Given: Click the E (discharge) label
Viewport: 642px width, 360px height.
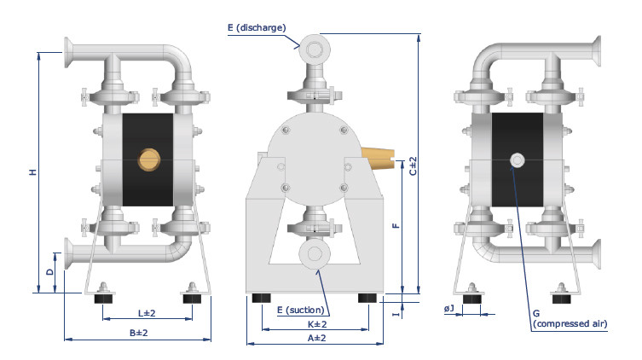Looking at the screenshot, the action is click(x=257, y=28).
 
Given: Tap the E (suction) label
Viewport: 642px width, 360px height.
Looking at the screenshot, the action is click(x=300, y=310).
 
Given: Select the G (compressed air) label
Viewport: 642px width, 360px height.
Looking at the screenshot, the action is click(x=570, y=319).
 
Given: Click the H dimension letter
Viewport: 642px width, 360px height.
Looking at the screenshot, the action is click(x=32, y=172).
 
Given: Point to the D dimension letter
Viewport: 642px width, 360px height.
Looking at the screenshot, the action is click(x=50, y=272).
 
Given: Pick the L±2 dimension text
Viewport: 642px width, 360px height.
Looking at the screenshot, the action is click(x=147, y=313).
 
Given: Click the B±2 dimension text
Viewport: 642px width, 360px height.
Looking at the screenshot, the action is click(x=138, y=333).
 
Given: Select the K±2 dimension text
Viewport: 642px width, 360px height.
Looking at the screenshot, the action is click(x=317, y=324).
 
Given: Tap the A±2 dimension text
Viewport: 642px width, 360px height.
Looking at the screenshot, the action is click(x=317, y=338).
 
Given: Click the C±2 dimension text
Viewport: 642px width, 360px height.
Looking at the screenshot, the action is click(x=414, y=165).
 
